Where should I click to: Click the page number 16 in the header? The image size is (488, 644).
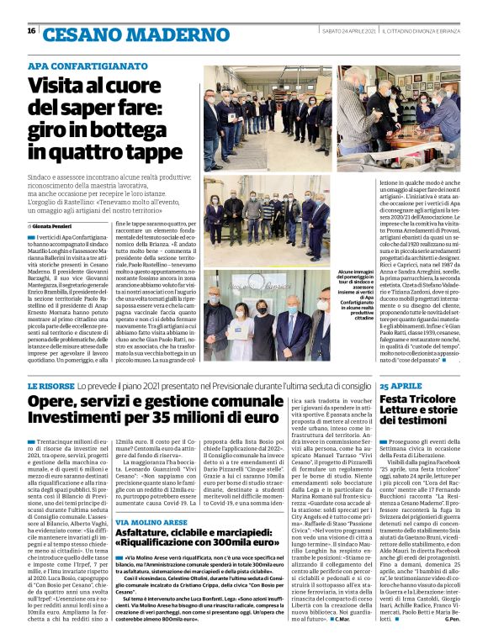[31, 31]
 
